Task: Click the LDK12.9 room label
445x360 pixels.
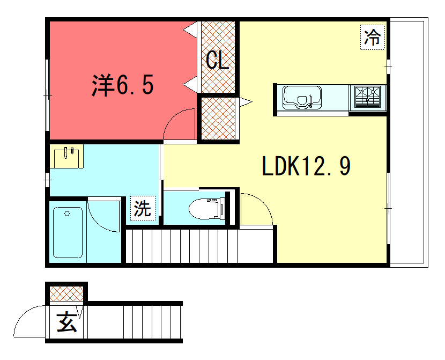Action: click(x=306, y=166)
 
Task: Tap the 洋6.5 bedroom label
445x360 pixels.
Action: click(x=123, y=85)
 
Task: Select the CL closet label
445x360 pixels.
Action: click(x=217, y=60)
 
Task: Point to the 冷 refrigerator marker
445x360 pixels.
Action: click(x=372, y=38)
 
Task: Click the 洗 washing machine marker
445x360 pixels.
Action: click(x=143, y=208)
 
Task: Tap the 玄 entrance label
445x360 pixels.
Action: click(x=66, y=322)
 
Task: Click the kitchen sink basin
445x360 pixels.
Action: click(x=302, y=98)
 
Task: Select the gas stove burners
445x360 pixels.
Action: click(x=367, y=97)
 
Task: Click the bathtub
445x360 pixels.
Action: click(x=68, y=232)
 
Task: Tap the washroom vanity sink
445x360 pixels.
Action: click(x=66, y=157)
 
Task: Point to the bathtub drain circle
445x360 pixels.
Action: click(x=67, y=214)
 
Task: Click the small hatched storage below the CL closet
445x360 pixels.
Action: click(x=218, y=119)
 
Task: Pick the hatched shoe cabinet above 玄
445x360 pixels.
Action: click(x=66, y=294)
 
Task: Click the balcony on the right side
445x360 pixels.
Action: click(x=409, y=143)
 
